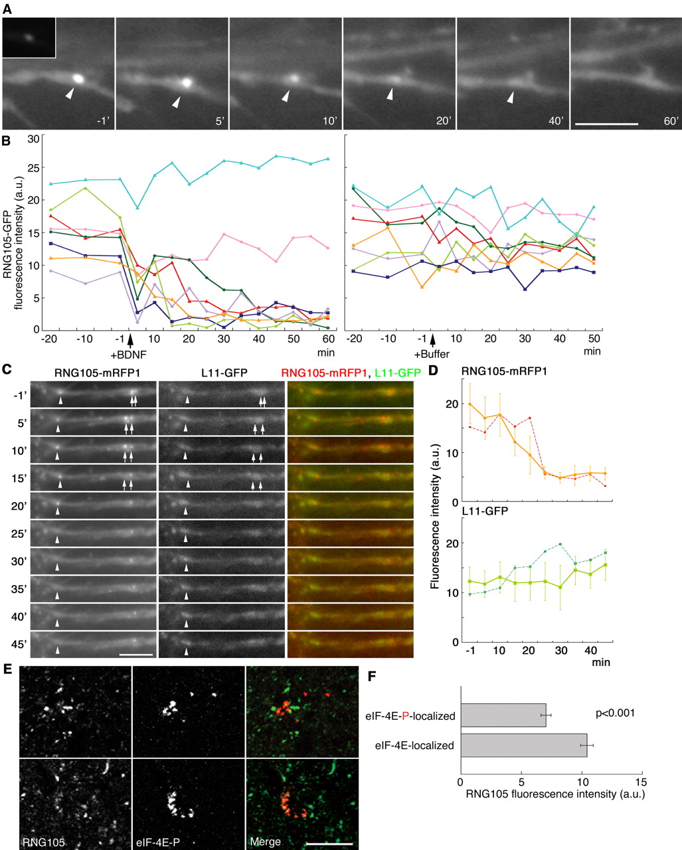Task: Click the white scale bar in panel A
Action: pyautogui.click(x=605, y=124)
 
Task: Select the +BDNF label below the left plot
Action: pyautogui.click(x=129, y=355)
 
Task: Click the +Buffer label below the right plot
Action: pyautogui.click(x=432, y=355)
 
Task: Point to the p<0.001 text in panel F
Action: pyautogui.click(x=615, y=714)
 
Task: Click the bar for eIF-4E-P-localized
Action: pyautogui.click(x=503, y=716)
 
